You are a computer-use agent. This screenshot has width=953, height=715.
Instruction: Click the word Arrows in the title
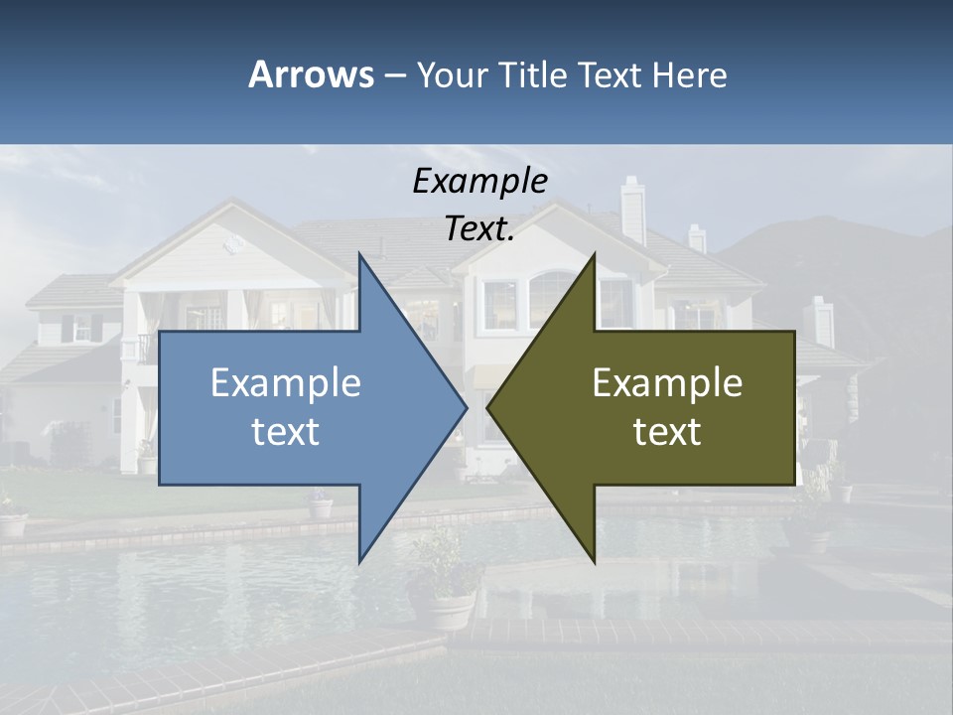[311, 74]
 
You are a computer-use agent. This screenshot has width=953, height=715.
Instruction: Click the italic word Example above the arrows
[479, 182]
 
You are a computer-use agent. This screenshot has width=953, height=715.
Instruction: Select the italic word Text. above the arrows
[479, 229]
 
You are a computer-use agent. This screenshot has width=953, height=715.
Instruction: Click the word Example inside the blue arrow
[286, 382]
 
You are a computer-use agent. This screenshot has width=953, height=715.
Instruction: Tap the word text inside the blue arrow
[286, 432]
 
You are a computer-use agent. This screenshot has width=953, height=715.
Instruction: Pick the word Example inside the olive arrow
[667, 382]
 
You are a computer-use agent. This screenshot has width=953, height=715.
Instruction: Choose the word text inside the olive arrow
[667, 432]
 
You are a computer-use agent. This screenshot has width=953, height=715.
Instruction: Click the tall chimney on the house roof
[632, 210]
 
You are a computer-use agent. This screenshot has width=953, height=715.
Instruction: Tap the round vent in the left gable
[235, 242]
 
